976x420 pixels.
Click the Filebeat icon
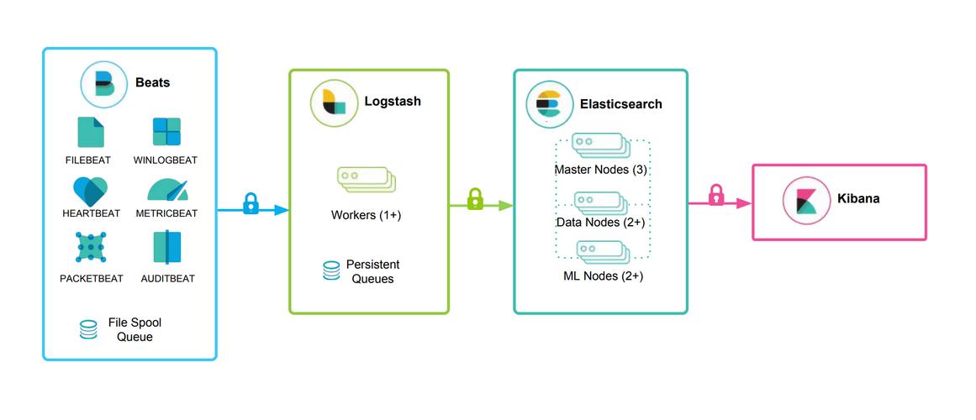(x=91, y=133)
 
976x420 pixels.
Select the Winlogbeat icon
(x=166, y=133)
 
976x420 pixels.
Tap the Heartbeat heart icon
(x=91, y=191)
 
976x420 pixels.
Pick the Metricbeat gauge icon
(x=166, y=191)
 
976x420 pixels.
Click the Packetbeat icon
(x=91, y=249)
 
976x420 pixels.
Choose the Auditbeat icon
(x=166, y=248)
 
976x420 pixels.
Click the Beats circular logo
(x=104, y=83)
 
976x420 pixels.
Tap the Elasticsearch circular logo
(x=549, y=105)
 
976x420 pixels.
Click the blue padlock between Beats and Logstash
(x=250, y=203)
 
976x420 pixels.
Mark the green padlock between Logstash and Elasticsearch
(x=475, y=199)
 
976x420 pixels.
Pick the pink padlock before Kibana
(x=715, y=195)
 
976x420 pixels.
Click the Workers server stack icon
(x=366, y=180)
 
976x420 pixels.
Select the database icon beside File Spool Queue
(x=88, y=329)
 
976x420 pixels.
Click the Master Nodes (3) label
(x=600, y=170)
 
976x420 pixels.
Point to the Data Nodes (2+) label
(x=600, y=223)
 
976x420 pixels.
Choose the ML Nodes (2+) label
(x=603, y=276)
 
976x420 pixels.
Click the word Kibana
(x=858, y=199)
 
